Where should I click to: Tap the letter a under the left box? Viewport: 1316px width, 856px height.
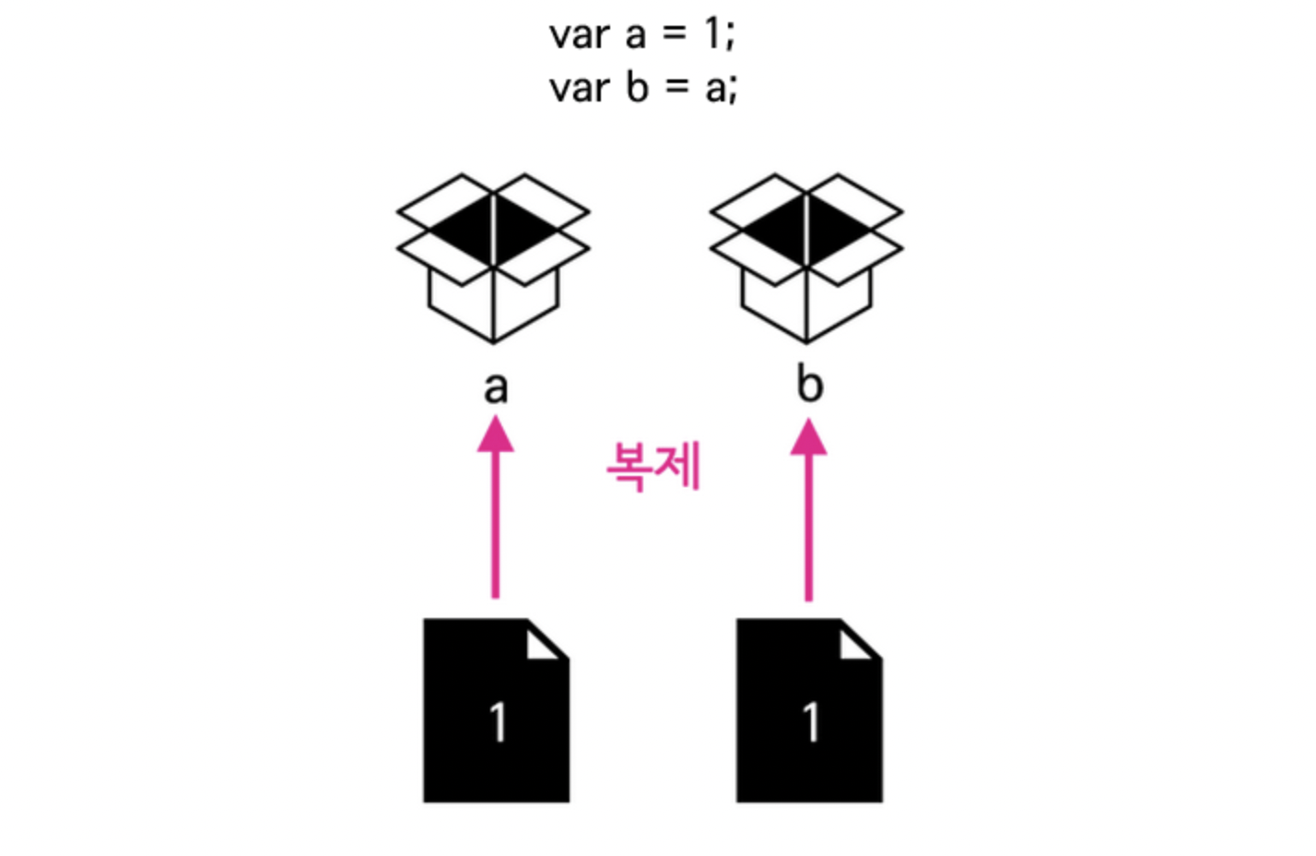tap(496, 388)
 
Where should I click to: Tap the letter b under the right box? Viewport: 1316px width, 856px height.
tap(809, 384)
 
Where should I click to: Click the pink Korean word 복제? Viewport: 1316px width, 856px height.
tap(654, 466)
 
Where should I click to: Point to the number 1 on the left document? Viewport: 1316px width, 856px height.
tap(499, 721)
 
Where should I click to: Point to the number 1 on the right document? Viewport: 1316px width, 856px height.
tap(811, 721)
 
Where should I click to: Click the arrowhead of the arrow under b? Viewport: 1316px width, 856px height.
tap(809, 436)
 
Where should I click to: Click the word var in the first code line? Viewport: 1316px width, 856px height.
tap(578, 36)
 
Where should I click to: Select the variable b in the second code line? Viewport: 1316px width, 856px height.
tap(637, 87)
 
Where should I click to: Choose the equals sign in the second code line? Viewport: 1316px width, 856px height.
tap(677, 88)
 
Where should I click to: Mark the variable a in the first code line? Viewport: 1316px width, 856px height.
tap(635, 36)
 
